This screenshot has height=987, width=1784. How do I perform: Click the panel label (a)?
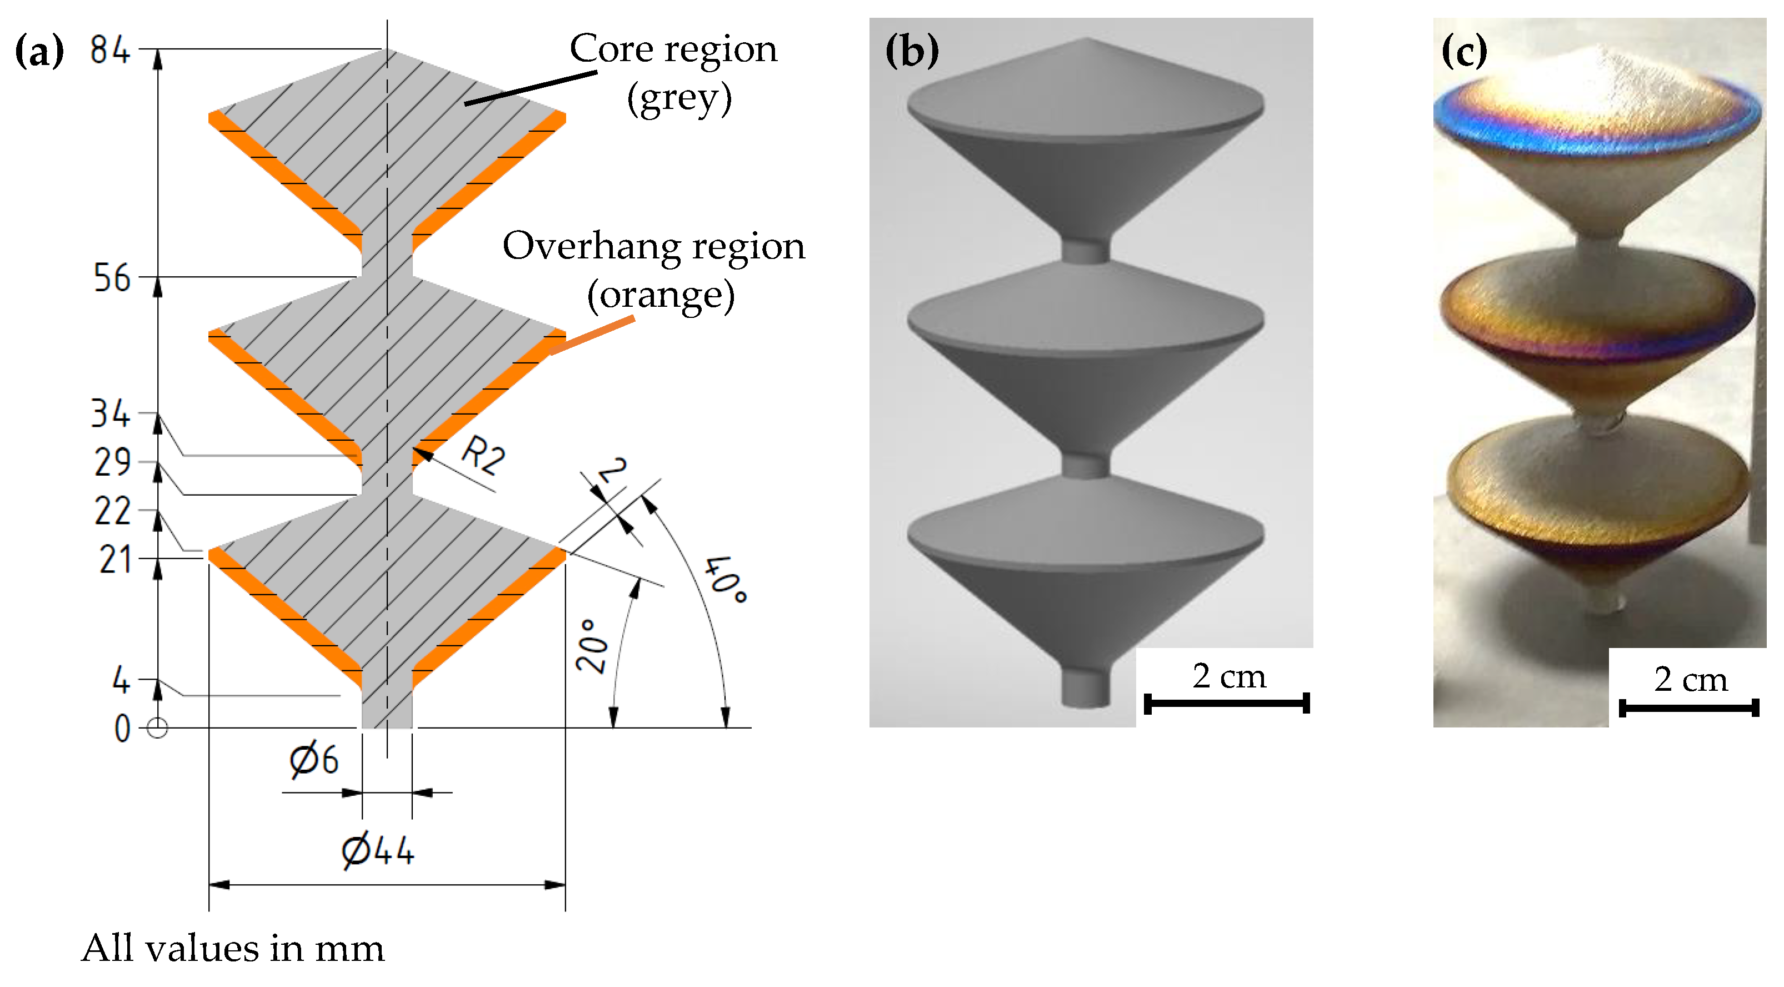pos(39,51)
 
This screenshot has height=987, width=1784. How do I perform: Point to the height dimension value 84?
pos(110,50)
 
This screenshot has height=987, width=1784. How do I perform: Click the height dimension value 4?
pos(121,680)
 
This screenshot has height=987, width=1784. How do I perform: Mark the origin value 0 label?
pos(122,729)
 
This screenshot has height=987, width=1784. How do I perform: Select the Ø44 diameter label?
pos(378,850)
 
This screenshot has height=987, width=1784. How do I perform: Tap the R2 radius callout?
pos(483,455)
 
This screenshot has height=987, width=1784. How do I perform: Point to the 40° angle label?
pos(725,579)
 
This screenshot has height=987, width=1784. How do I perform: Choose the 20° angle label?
pos(592,646)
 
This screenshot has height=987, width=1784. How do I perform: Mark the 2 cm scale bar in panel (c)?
pos(1688,707)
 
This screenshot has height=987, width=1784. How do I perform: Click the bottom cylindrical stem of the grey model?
pos(1086,686)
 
